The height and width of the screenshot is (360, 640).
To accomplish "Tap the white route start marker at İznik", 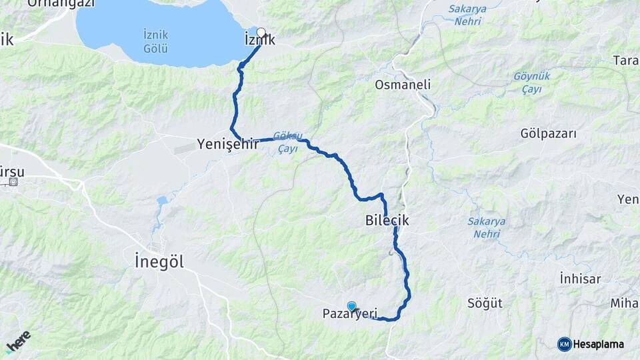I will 261,32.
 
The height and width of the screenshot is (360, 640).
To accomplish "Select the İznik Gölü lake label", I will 155,41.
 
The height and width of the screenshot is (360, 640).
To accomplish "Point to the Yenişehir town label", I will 227,143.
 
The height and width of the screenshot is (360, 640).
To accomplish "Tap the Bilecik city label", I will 387,219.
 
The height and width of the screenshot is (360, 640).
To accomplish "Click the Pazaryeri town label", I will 350,313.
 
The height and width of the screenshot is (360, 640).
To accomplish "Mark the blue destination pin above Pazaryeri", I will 351,305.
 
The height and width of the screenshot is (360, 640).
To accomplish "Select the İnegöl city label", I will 159,261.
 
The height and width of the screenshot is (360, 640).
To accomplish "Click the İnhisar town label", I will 580,279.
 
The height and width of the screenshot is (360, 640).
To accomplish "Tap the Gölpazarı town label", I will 548,134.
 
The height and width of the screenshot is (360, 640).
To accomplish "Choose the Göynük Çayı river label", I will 531,83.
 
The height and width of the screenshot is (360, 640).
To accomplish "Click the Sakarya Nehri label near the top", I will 469,15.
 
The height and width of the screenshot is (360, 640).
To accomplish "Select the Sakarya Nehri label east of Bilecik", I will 486,227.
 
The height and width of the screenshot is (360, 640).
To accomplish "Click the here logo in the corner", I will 18,341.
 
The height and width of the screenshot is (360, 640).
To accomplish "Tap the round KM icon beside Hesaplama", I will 565,344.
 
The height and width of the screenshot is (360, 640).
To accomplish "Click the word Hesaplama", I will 599,344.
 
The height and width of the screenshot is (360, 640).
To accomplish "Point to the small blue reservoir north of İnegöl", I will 162,201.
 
